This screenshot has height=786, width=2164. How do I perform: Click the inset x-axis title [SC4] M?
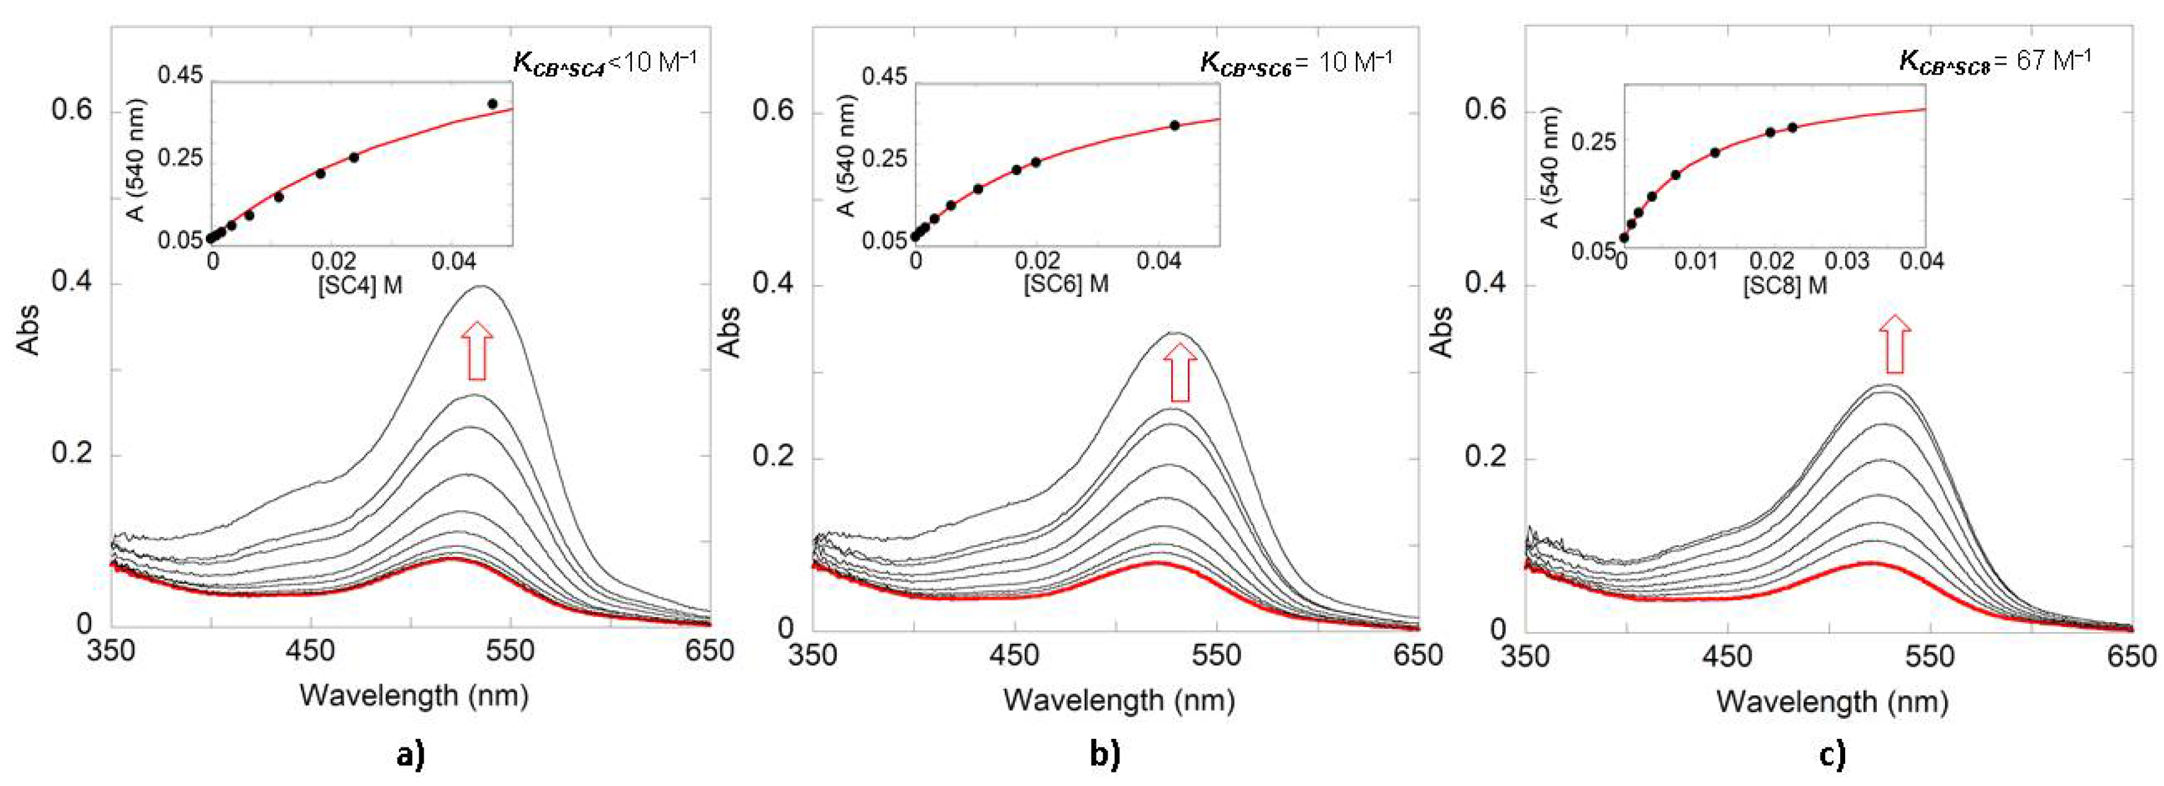(360, 285)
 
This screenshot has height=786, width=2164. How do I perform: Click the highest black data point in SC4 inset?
(492, 104)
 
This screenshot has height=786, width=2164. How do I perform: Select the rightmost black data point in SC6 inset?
(1174, 125)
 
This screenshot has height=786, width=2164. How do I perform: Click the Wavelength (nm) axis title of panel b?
(1119, 700)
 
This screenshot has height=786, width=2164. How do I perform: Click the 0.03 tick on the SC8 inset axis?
(1846, 261)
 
